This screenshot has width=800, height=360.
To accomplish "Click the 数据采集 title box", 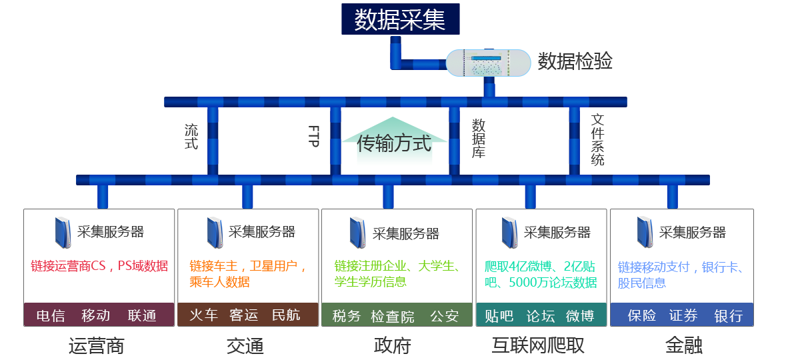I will pos(400,19).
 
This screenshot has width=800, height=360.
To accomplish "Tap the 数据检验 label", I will pos(575,62).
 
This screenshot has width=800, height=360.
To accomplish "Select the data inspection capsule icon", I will pos(488,63).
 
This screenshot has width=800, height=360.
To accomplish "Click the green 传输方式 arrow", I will pos(394,142).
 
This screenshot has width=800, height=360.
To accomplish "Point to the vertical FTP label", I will pos(315,136).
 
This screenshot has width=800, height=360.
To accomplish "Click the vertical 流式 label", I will pos(191,136).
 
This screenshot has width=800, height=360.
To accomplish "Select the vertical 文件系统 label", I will pos(597,140).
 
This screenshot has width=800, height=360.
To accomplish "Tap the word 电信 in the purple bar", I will pos(51,315).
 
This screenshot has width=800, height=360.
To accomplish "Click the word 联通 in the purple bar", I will pos(142,315).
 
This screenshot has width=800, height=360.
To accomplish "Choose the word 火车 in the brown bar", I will pos(204,315).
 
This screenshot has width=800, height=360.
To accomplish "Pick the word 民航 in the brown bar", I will pos(286,315).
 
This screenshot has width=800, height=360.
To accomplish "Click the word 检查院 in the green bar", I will pos(393,315).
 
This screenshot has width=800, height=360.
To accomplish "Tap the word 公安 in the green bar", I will pos(444,315).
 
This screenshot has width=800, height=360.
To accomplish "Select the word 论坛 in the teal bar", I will pos(540,315).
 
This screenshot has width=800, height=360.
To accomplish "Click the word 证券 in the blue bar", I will pos(683,315).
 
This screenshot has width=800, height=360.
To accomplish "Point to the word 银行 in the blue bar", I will pos(728,315).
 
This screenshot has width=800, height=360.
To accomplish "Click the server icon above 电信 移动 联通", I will pos(62,232).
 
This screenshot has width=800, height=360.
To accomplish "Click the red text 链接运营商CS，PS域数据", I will pos(99,266).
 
